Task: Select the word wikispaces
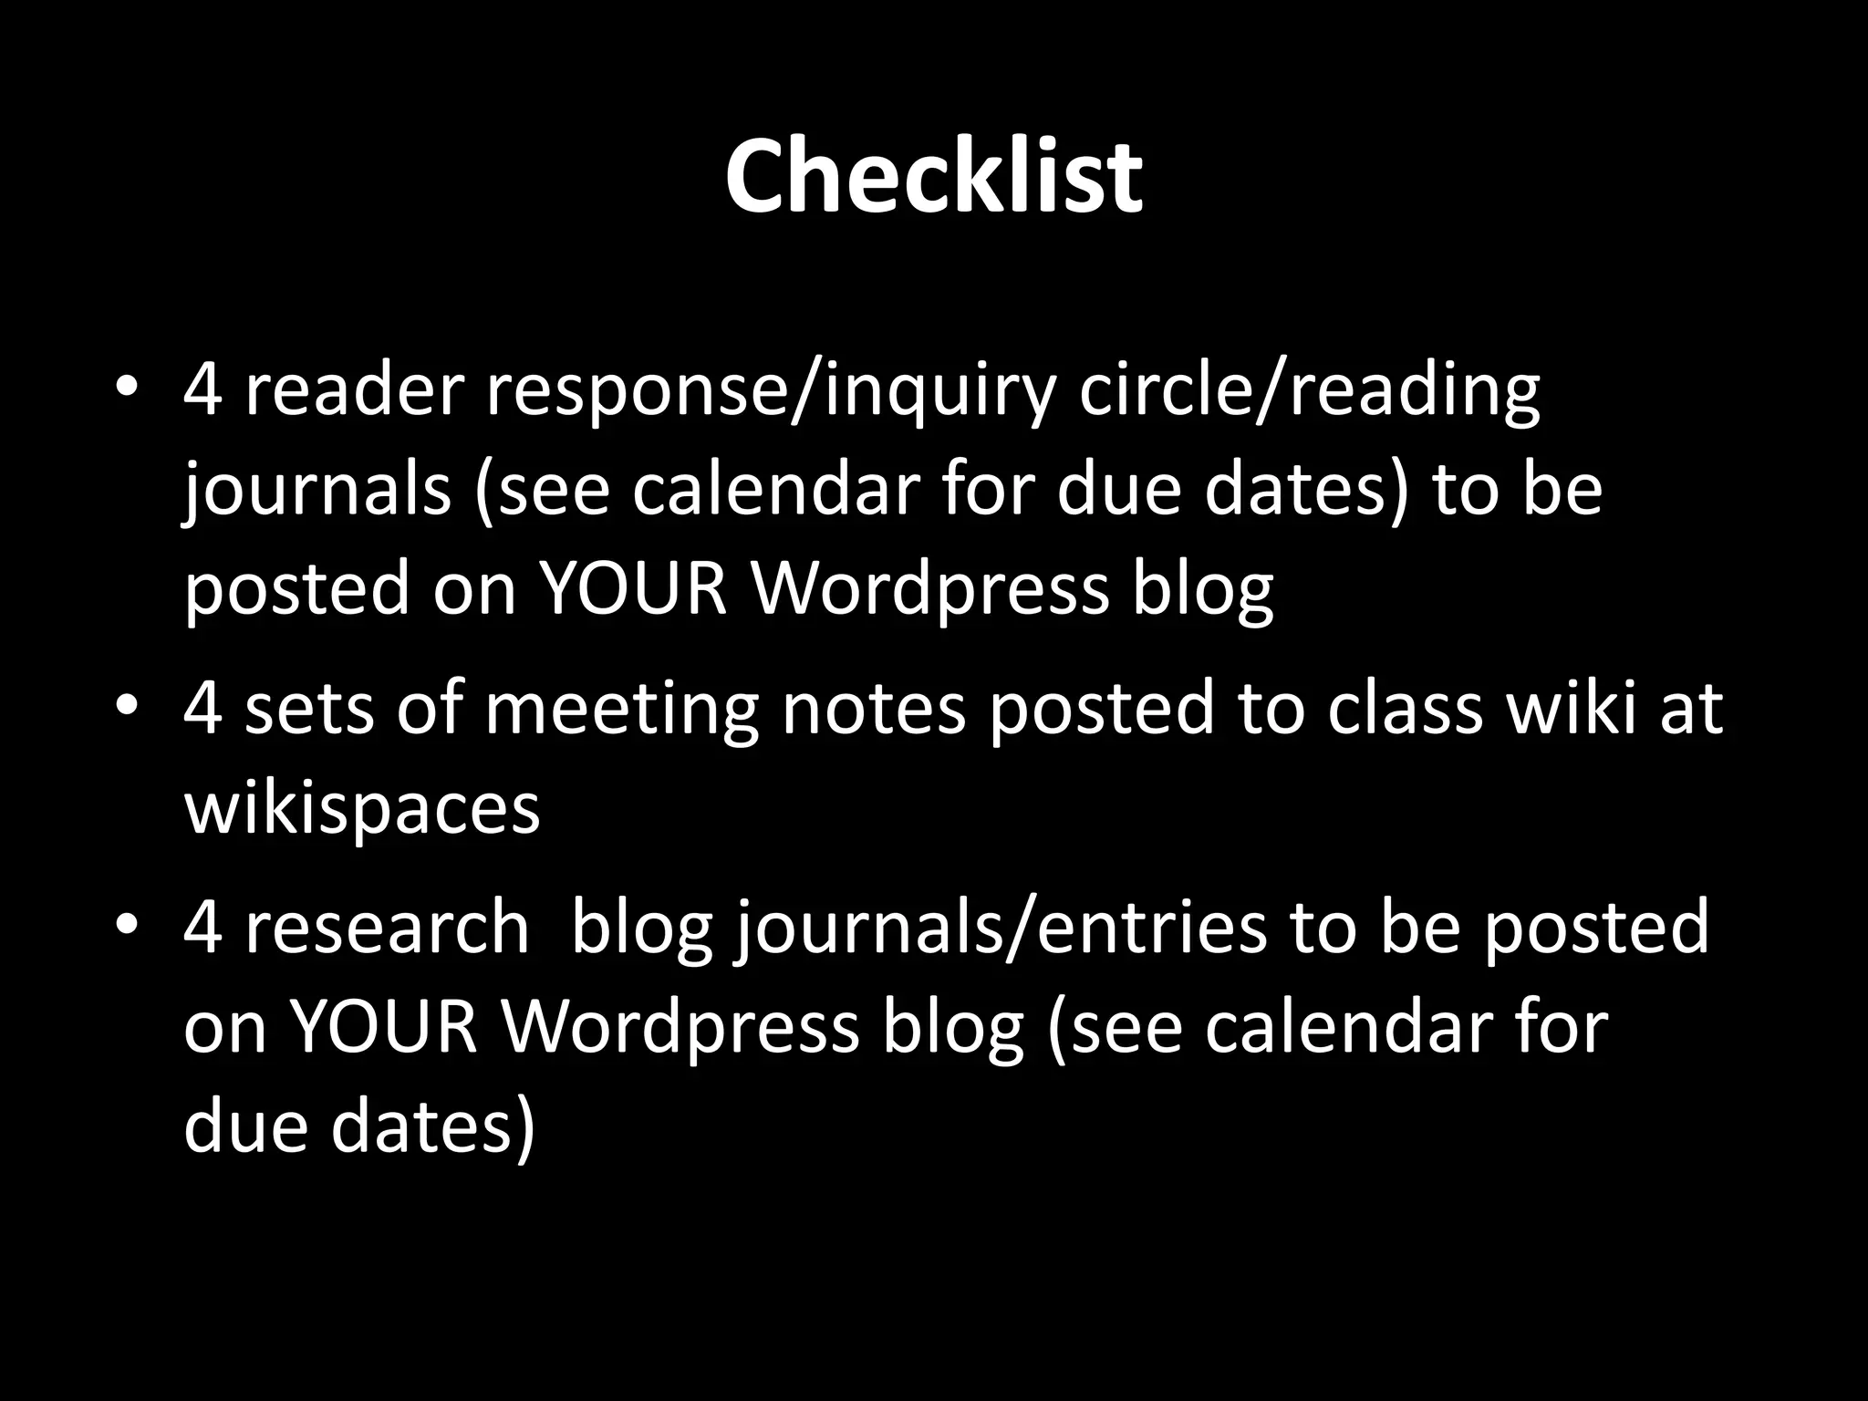point(362,807)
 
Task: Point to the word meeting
point(621,708)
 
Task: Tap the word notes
point(874,708)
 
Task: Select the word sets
point(309,708)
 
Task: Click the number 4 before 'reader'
point(202,389)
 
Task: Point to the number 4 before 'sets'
point(202,708)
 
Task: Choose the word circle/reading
point(1309,390)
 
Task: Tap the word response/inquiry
point(771,390)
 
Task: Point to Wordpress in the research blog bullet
point(680,1027)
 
